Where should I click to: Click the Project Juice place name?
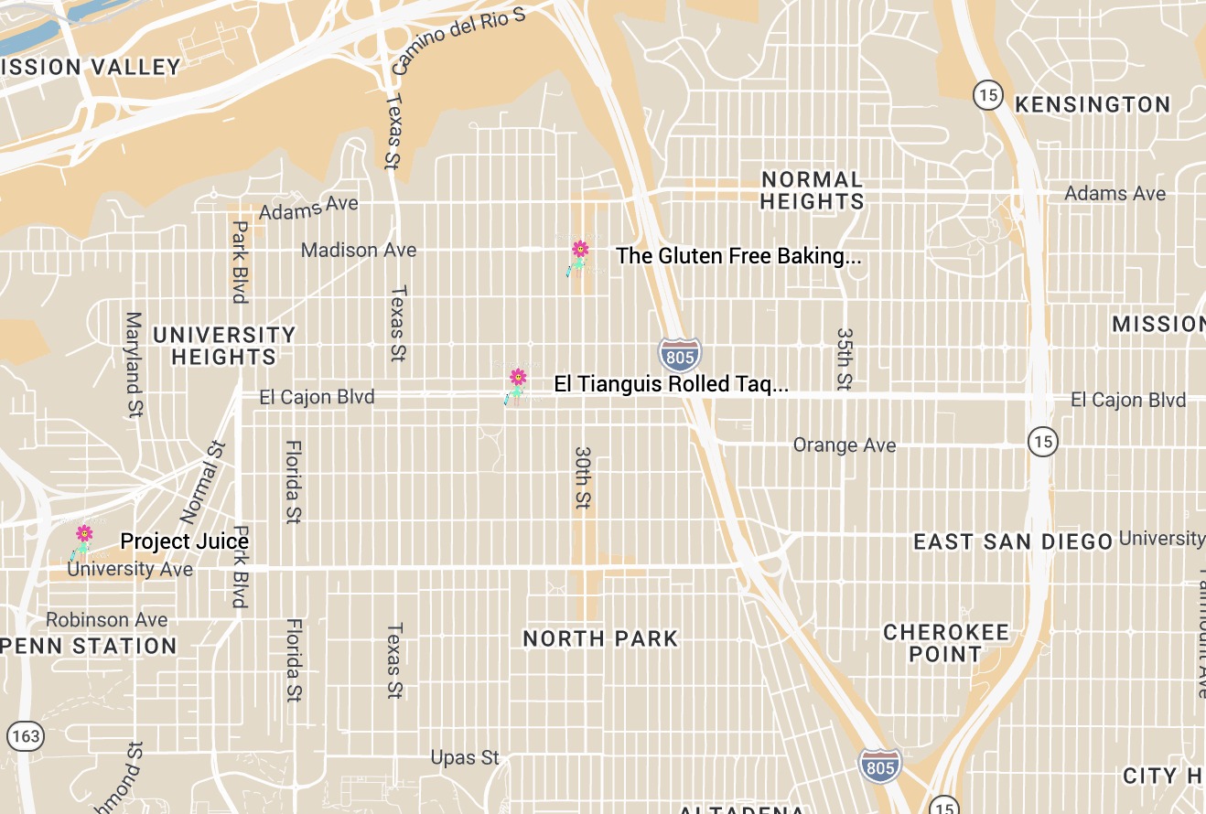(184, 541)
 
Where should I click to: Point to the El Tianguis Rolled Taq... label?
(671, 384)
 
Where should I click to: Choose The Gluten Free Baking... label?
(738, 256)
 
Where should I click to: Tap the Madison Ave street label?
(359, 250)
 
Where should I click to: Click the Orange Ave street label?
(845, 445)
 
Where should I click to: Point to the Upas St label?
(466, 757)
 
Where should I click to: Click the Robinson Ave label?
(107, 620)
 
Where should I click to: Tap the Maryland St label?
(135, 364)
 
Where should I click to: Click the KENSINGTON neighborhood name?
(1093, 104)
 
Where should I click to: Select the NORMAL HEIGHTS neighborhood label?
(812, 190)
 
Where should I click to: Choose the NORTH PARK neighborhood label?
(600, 638)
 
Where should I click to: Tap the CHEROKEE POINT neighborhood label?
(945, 643)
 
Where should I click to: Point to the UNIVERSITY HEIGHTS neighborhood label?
(224, 346)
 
